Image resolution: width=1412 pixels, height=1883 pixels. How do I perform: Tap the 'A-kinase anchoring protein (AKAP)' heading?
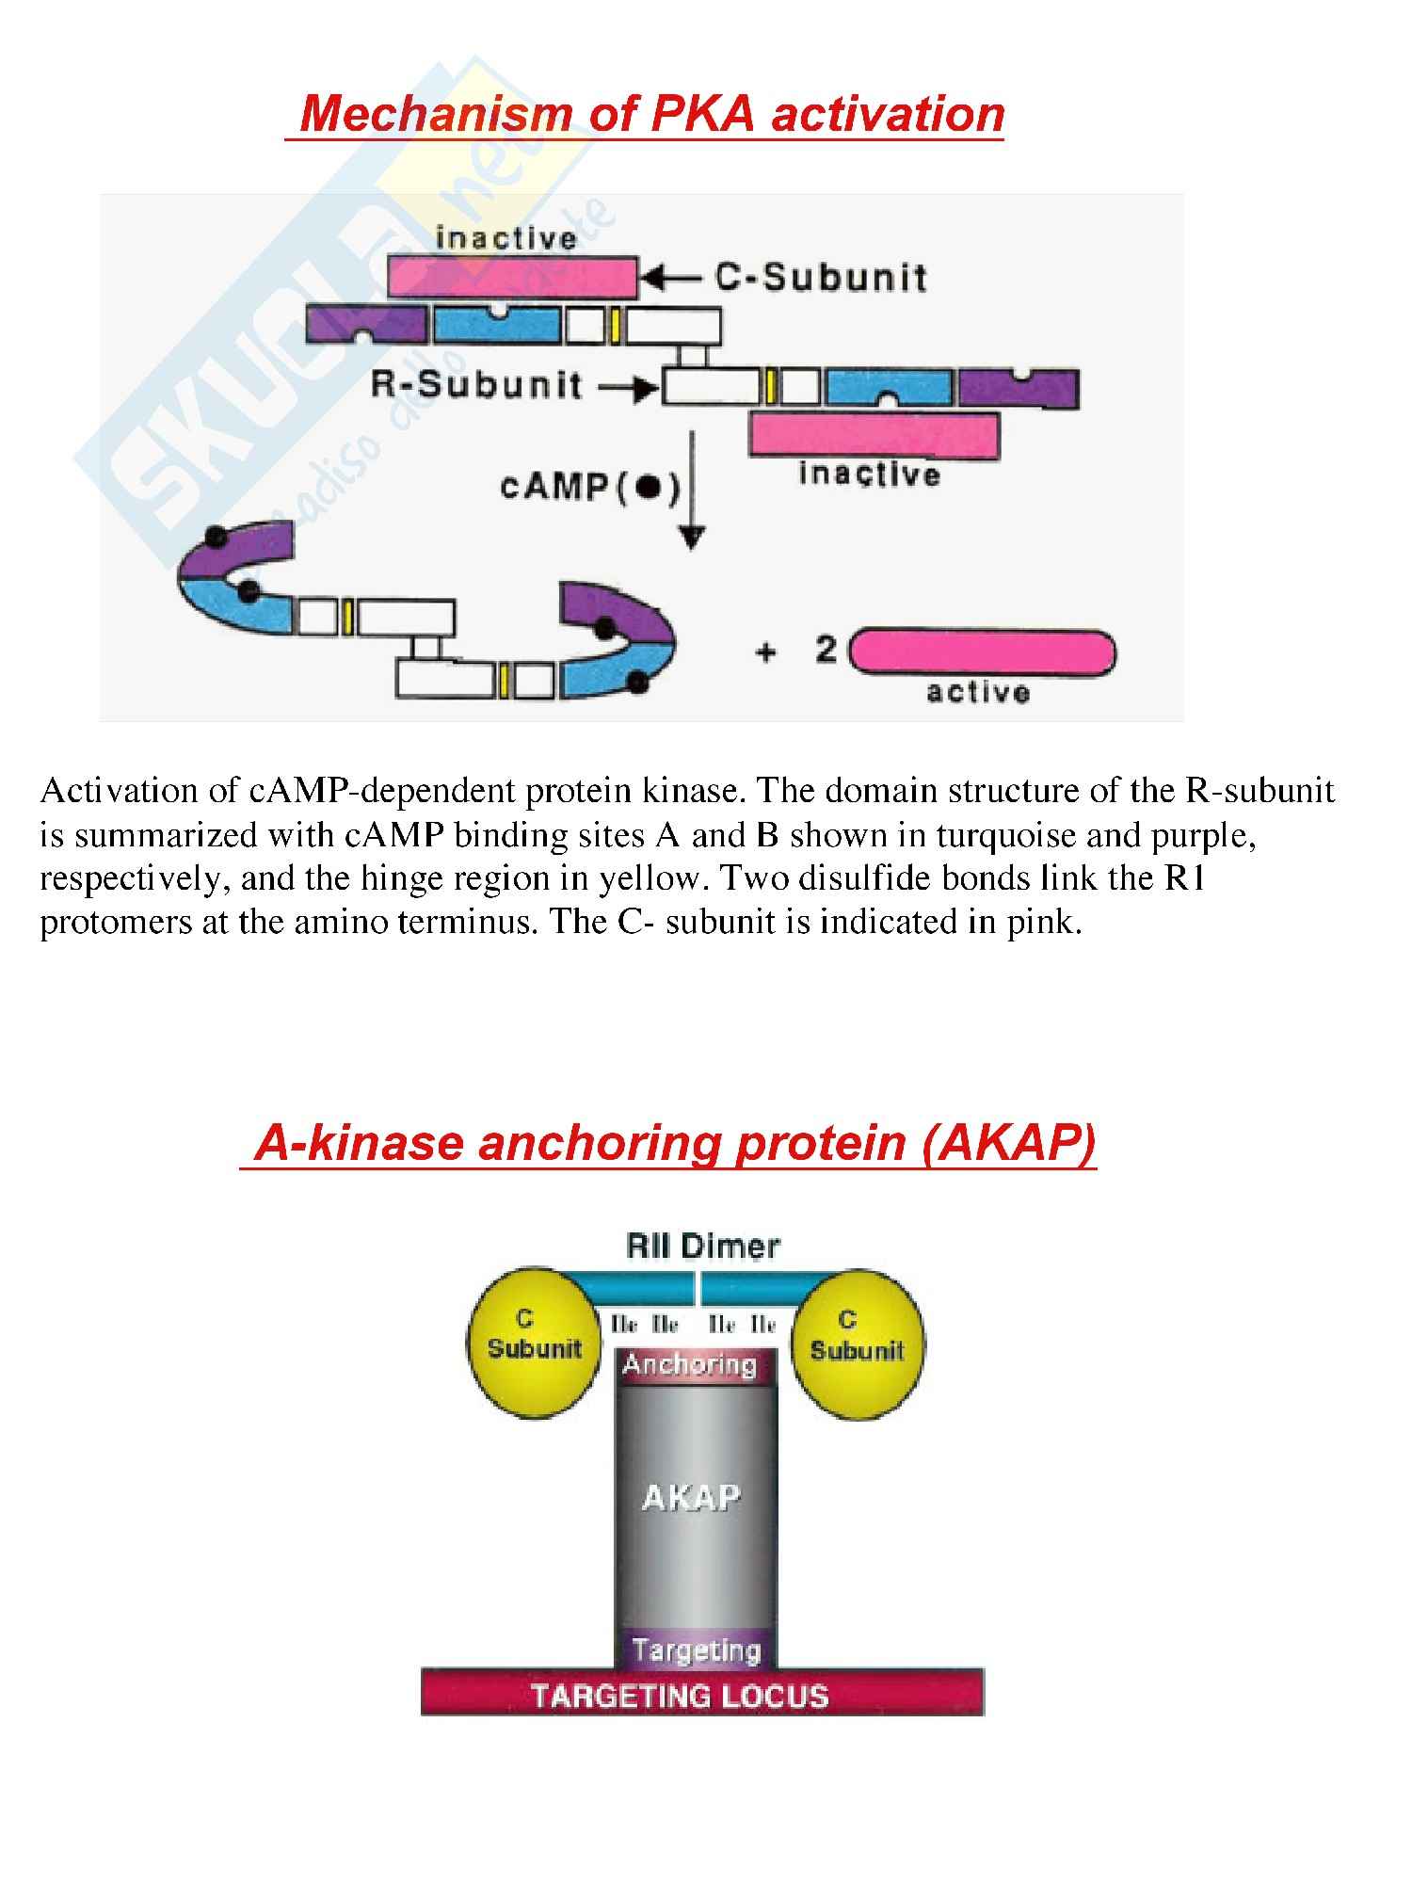point(675,1143)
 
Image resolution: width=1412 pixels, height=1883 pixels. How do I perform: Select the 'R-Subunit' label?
point(476,386)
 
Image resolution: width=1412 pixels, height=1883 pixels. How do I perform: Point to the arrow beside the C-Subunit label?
point(670,278)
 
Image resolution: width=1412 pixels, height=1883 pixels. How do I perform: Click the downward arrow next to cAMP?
point(692,490)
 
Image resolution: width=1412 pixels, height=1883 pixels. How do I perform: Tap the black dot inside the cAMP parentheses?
point(647,488)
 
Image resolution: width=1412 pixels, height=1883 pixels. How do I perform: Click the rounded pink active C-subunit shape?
point(983,652)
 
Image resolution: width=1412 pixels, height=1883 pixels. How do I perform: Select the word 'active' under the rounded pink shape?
point(978,693)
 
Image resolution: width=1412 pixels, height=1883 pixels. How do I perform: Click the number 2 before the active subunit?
point(826,650)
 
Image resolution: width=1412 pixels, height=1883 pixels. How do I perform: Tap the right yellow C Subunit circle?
point(857,1338)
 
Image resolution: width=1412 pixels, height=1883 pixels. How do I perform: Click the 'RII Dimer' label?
point(703,1247)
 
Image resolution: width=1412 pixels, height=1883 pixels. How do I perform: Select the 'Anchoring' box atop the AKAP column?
point(690,1365)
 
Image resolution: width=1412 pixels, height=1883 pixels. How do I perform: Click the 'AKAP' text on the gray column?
point(691,1496)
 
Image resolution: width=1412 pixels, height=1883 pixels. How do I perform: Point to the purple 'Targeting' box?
point(697,1650)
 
